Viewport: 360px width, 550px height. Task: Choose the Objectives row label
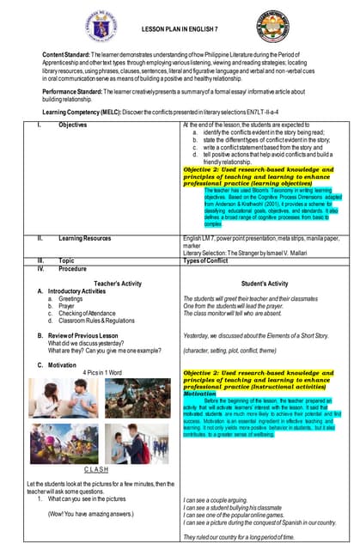coord(74,125)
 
